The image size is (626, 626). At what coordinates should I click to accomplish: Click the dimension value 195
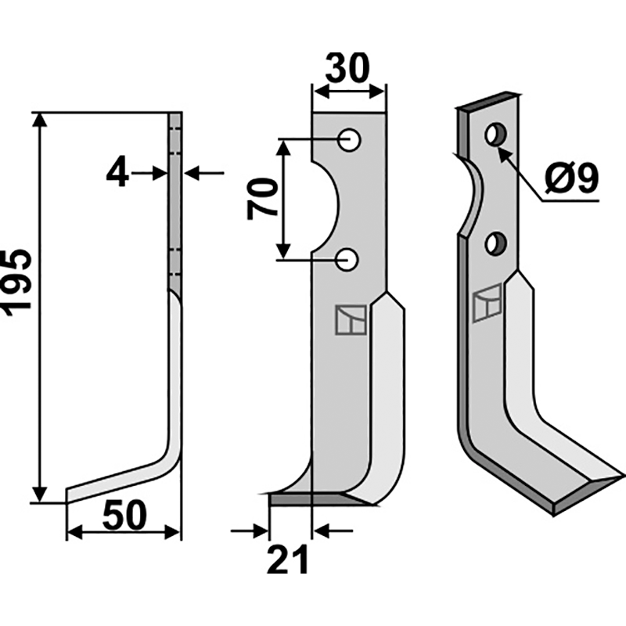point(16,284)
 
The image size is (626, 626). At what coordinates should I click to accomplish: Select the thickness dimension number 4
point(117,174)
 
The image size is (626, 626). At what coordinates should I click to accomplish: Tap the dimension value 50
point(124,515)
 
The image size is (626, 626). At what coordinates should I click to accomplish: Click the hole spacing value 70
point(262,200)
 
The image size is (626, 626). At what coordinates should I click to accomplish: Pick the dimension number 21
point(288,559)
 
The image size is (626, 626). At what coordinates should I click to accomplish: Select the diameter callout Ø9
point(572,178)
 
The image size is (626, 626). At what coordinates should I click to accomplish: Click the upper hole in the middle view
point(349,140)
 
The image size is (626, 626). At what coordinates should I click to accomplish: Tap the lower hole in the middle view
point(347,260)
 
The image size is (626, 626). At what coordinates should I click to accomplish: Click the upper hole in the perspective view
point(495,134)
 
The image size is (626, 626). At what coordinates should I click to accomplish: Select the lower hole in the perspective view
point(496,243)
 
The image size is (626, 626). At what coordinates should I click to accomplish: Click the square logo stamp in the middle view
point(351,320)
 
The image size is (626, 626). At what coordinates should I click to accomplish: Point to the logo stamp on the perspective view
point(487,303)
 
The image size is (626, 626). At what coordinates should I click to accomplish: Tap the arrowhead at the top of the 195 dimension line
point(39,120)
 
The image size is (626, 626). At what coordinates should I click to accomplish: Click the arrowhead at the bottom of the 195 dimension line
point(39,495)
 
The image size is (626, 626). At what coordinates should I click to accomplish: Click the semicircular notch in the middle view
point(326,207)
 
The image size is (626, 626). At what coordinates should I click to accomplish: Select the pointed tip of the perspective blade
point(622,476)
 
